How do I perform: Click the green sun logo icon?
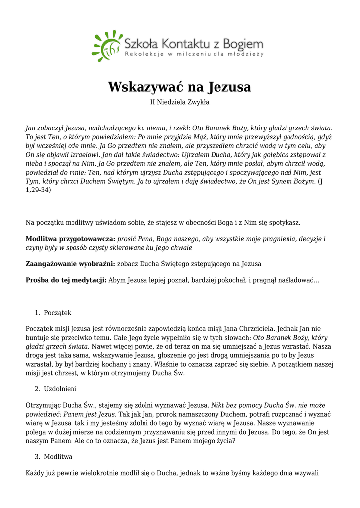106,45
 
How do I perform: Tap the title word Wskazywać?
145,87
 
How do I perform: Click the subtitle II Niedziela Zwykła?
180,102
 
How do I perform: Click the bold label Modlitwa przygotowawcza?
71,239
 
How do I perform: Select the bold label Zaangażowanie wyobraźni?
71,264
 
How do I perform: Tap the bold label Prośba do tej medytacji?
66,280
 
